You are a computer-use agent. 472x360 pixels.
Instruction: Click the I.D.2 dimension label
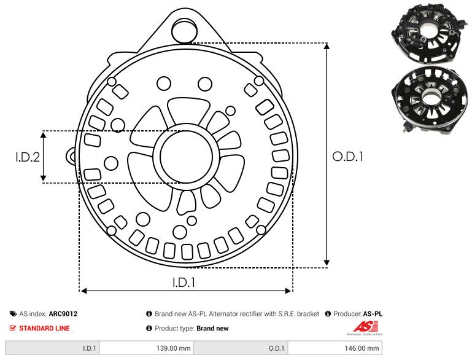click(28, 157)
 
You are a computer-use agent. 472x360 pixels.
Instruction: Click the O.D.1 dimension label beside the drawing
click(348, 157)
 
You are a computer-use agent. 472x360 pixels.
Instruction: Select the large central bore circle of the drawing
click(184, 157)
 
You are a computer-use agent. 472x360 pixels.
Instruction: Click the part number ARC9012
click(63, 314)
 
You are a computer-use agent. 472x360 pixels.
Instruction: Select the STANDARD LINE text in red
click(44, 328)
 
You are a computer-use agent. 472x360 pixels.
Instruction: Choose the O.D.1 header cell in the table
click(276, 348)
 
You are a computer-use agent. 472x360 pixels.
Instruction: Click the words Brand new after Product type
click(212, 328)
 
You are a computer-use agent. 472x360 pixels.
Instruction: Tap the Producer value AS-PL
click(373, 314)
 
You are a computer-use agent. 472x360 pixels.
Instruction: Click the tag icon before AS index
click(13, 314)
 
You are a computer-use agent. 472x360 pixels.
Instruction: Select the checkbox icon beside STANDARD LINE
click(13, 328)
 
